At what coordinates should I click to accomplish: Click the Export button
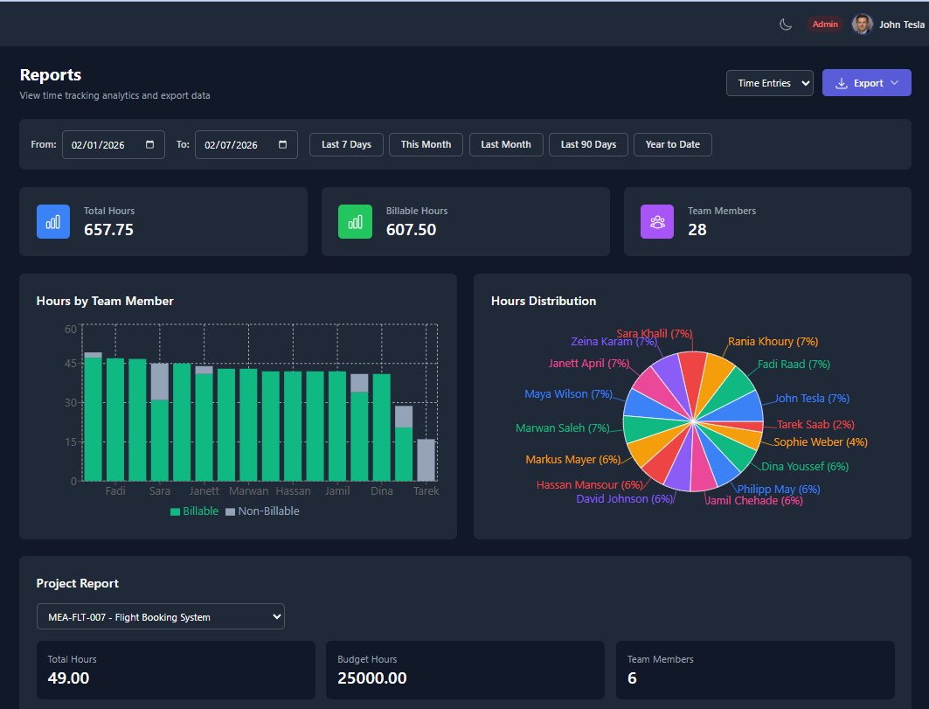coord(866,83)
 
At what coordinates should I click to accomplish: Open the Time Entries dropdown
coord(769,83)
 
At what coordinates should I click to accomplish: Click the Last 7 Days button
coord(346,144)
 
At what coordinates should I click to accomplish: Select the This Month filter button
coord(426,144)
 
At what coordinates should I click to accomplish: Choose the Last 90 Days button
coord(588,144)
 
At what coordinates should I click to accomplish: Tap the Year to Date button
coord(672,144)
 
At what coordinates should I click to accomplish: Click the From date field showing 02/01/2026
coord(113,144)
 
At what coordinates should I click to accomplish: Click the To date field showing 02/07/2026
coord(246,144)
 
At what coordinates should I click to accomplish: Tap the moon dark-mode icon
coord(786,24)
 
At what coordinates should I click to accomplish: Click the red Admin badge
coord(824,24)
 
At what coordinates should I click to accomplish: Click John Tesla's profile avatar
coord(862,24)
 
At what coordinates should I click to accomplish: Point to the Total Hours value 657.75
coord(108,230)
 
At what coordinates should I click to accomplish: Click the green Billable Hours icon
coord(355,221)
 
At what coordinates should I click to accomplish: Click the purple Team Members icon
coord(657,221)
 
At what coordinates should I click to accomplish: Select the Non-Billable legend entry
coord(262,511)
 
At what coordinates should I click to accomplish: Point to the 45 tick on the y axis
coord(70,364)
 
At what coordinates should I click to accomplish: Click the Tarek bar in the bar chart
coord(426,460)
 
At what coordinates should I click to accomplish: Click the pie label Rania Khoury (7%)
coord(773,342)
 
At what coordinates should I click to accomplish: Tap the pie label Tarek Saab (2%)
coord(815,425)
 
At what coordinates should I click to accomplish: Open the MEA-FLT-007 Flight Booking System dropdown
coord(160,616)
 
